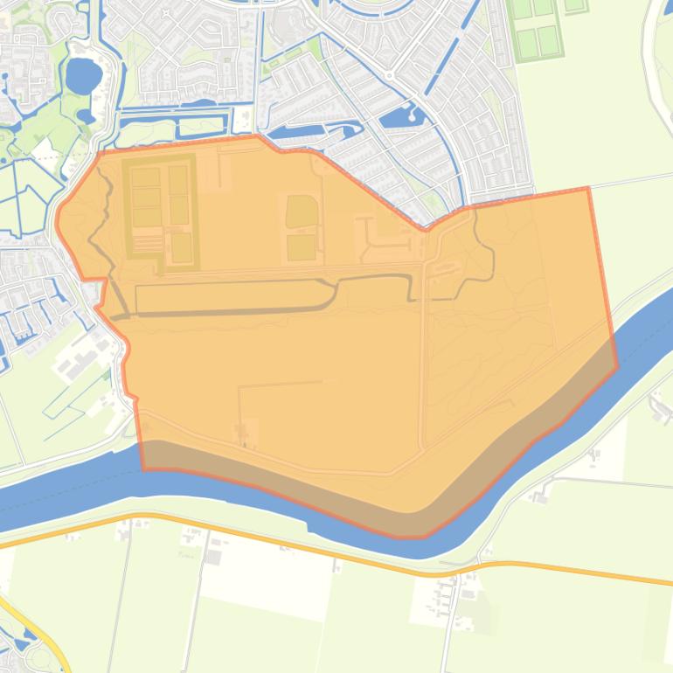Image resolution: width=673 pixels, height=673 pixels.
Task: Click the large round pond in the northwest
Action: pyautogui.click(x=83, y=76)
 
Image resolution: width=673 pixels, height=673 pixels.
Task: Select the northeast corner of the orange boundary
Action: pyautogui.click(x=588, y=188)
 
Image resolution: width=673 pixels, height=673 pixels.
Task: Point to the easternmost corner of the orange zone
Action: pyautogui.click(x=617, y=367)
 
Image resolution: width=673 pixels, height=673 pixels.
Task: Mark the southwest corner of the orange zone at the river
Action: pyautogui.click(x=144, y=468)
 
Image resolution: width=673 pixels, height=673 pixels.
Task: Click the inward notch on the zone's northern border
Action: pyautogui.click(x=426, y=229)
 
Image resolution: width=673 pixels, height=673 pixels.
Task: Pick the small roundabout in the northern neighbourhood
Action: pyautogui.click(x=388, y=76)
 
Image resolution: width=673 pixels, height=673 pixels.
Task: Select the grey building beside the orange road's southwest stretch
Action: pyautogui.click(x=213, y=557)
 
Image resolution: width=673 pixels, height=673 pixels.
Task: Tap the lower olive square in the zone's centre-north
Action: pyautogui.click(x=302, y=247)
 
